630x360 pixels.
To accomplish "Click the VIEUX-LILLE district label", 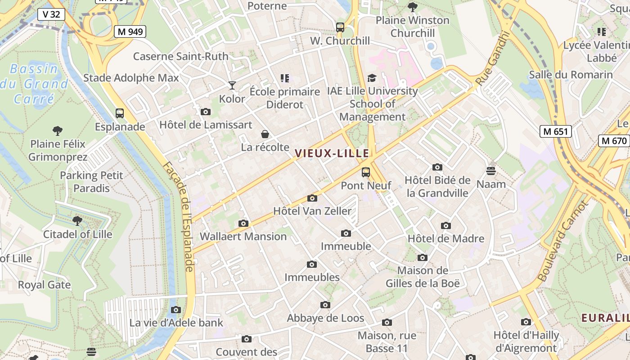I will coord(332,153).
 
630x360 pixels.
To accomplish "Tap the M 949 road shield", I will coord(130,31).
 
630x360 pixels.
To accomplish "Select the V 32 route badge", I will coord(51,14).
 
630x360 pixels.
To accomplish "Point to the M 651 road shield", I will coord(556,131).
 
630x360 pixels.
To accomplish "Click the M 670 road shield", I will coord(614,140).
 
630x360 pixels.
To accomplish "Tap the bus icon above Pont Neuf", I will coord(366,172).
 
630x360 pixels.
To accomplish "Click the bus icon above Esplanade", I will coord(120,113).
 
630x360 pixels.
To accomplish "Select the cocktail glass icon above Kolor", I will coord(232,85).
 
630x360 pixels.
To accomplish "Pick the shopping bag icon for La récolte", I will coord(265,134).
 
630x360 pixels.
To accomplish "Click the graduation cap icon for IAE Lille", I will coord(372,78).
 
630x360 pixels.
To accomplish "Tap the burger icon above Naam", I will coord(491,171).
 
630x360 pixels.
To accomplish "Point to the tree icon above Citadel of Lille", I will coord(77,221).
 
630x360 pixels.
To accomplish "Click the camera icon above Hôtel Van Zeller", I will coord(312,198).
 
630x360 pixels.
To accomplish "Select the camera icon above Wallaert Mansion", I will coord(243,223).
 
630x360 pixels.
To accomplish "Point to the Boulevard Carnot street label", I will coord(562,241).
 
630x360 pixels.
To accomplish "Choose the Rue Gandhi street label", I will coord(494,58).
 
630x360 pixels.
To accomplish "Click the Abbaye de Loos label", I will coord(325,318).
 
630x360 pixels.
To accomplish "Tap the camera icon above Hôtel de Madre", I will coord(446,225).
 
